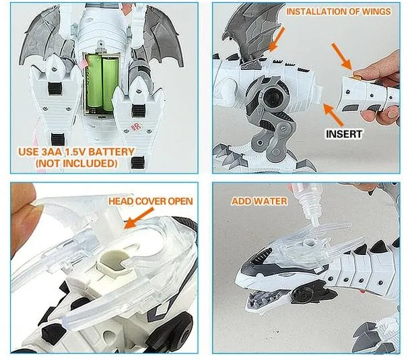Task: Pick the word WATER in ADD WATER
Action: point(274,201)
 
